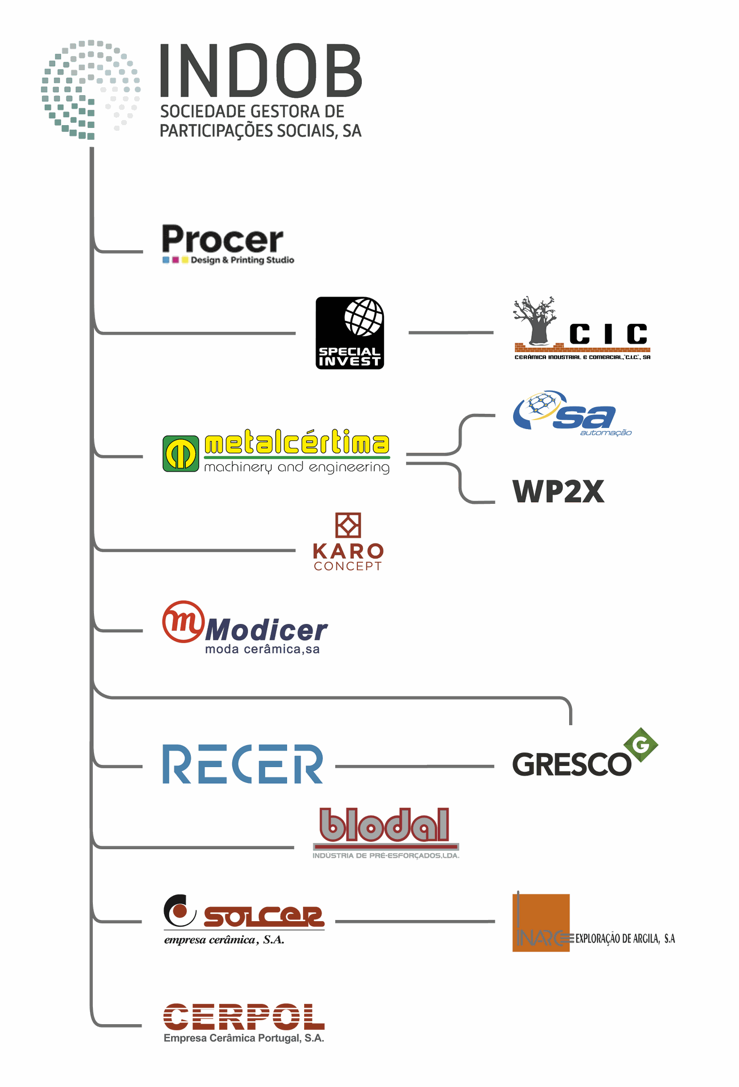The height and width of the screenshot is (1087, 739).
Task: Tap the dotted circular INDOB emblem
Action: [x=91, y=89]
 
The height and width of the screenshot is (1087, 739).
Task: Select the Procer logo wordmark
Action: [x=223, y=240]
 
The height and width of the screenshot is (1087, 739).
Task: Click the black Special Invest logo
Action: [x=349, y=333]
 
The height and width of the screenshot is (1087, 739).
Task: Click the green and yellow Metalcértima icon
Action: [x=181, y=453]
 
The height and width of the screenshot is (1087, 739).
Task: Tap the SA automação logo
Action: [x=566, y=413]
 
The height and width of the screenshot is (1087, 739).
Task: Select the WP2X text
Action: [x=558, y=491]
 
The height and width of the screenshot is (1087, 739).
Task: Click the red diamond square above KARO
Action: [x=348, y=525]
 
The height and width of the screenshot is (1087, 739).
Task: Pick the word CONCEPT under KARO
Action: [x=348, y=566]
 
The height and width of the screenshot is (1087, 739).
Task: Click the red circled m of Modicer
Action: [x=183, y=622]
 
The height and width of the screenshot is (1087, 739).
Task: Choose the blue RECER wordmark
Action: [x=242, y=764]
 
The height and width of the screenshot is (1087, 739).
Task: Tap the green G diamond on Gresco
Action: [x=640, y=745]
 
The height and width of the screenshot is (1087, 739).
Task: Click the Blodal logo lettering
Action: [x=385, y=825]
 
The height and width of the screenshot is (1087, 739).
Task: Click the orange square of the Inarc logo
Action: [x=541, y=922]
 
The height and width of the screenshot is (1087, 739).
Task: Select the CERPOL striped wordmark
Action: [x=244, y=1017]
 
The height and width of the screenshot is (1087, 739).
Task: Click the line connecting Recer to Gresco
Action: [x=415, y=767]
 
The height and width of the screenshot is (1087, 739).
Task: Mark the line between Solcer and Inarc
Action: [x=415, y=922]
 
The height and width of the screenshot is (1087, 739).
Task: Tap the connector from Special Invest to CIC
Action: [x=451, y=333]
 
